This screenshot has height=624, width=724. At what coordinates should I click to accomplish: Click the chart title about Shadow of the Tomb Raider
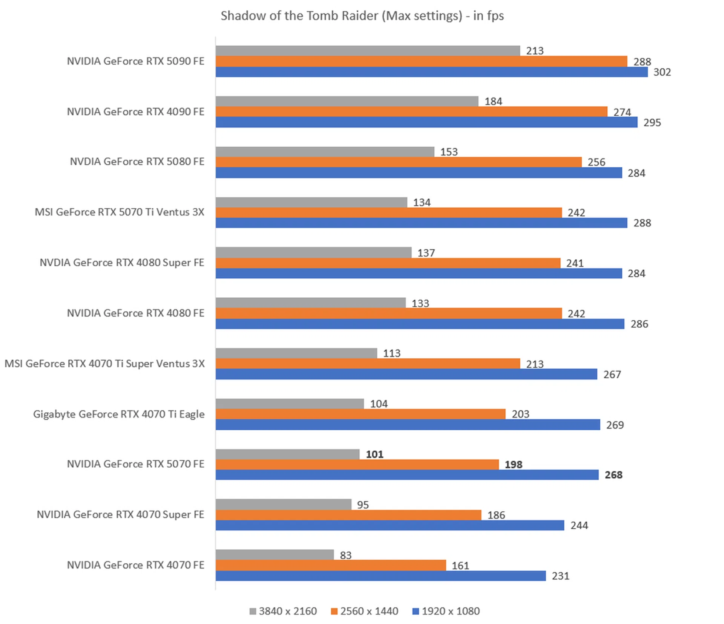pos(362,16)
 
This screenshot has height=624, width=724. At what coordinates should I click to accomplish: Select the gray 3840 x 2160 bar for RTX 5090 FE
pos(368,50)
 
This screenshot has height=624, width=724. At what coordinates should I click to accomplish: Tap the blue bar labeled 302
pos(431,72)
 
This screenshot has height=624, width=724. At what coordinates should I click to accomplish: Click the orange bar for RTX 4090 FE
pos(411,112)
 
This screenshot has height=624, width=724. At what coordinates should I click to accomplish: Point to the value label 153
pos(449,152)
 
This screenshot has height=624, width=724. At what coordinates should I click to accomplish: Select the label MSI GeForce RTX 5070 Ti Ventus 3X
pos(120,212)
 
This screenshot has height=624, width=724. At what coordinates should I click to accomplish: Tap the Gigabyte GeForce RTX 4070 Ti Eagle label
pos(119,414)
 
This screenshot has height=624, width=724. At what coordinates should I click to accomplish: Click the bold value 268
pos(614,475)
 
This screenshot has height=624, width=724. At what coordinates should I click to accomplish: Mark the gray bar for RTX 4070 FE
pos(275,555)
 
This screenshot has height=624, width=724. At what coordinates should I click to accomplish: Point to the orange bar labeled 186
pos(348,515)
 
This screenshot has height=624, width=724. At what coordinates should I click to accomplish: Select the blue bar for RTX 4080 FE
pos(420,324)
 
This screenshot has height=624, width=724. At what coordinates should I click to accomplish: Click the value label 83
pos(345,555)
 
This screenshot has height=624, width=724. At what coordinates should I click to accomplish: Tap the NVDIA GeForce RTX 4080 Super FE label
pos(122,263)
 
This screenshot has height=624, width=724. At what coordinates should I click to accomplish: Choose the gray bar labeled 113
pos(296,353)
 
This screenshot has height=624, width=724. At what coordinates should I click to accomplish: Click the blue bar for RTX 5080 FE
pos(419,173)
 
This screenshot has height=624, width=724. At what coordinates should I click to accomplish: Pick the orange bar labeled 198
pos(357,465)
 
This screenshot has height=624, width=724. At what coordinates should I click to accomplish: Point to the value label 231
pos(560,576)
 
